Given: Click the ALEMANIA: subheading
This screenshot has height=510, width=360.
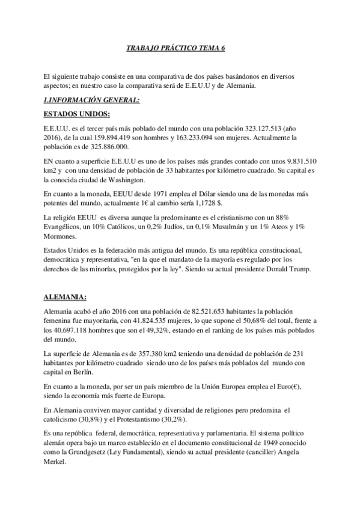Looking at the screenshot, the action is (66, 297).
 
